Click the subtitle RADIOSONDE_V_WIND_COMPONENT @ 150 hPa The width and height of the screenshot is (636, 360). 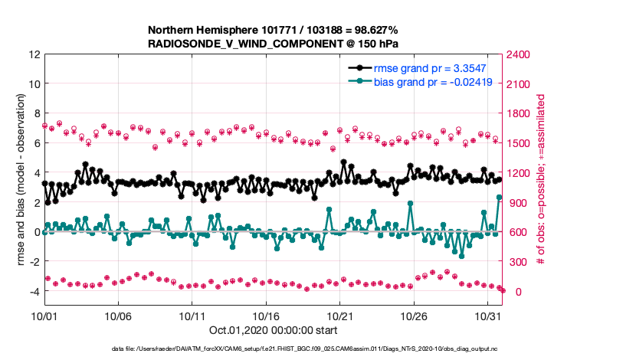pyautogui.click(x=272, y=44)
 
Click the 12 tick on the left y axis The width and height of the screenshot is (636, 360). pyautogui.click(x=34, y=55)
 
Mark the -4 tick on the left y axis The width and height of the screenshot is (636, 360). pyautogui.click(x=31, y=292)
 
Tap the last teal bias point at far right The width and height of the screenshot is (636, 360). pyautogui.click(x=500, y=197)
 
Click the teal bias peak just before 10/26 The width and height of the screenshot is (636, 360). pyautogui.click(x=411, y=204)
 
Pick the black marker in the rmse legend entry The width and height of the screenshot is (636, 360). pyautogui.click(x=359, y=68)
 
